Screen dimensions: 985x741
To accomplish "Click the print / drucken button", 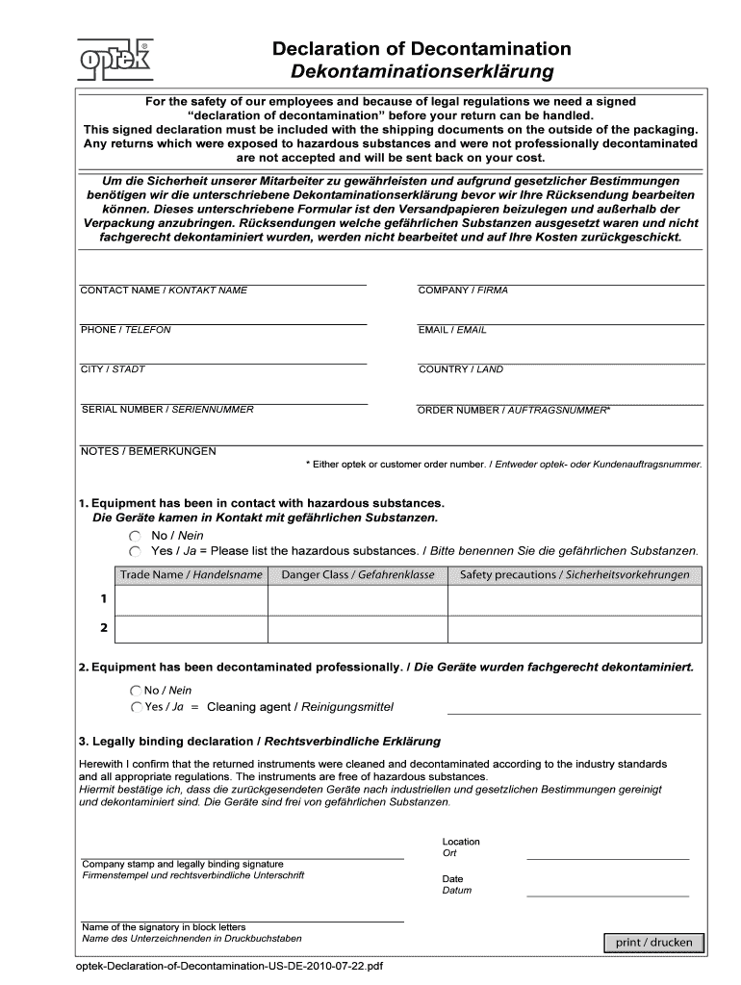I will (x=653, y=942).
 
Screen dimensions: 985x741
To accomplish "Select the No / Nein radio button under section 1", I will (x=135, y=535).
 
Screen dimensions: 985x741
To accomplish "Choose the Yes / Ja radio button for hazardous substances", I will (x=135, y=551).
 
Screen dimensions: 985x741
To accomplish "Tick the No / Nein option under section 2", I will (x=135, y=691).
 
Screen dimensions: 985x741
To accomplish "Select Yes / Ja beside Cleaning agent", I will (x=135, y=707).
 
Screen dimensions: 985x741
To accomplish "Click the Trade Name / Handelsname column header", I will (x=191, y=575).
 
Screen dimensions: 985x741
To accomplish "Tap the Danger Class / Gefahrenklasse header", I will (x=357, y=575).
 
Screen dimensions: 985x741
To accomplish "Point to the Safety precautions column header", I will (x=575, y=575).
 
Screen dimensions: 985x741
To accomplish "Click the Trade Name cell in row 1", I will (x=191, y=599).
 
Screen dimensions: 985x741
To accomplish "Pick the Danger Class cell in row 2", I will (x=357, y=628).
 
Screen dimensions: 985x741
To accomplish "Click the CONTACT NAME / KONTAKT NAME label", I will (x=164, y=290).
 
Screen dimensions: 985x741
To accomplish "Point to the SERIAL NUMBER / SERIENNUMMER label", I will (x=167, y=410).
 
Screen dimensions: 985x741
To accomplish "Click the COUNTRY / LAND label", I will (x=460, y=369).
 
